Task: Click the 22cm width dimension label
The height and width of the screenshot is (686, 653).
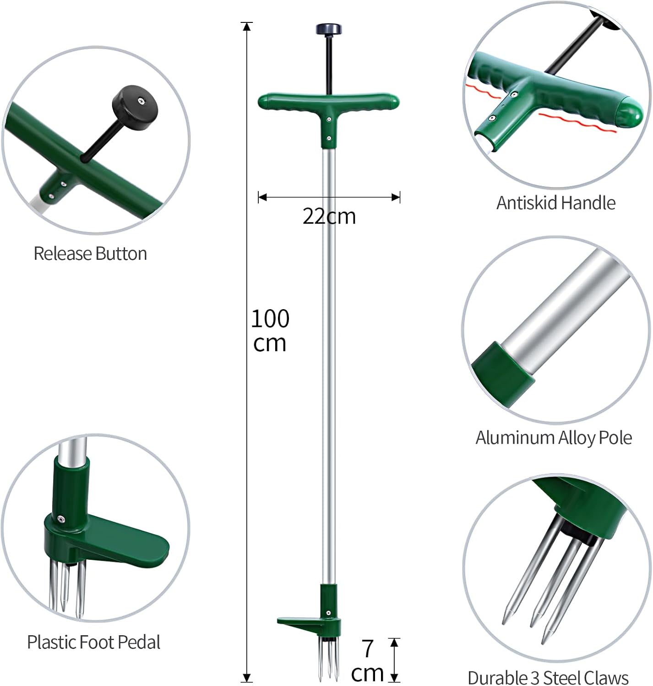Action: (x=329, y=216)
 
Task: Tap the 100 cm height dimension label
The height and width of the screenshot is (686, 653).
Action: (x=270, y=331)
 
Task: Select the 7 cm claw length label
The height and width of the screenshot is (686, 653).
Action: (x=367, y=661)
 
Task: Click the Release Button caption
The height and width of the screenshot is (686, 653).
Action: (x=90, y=254)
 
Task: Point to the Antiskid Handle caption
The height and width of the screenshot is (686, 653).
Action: (x=556, y=203)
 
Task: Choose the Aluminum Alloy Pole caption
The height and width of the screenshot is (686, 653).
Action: (x=554, y=438)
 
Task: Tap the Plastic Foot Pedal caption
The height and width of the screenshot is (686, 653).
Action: (x=93, y=643)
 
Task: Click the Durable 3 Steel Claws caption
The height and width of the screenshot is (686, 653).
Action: (x=548, y=677)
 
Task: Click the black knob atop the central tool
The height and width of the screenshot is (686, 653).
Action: (x=329, y=29)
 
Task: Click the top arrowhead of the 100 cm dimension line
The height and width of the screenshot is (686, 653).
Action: (x=247, y=27)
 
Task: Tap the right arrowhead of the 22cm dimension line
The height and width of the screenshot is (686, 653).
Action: (x=396, y=198)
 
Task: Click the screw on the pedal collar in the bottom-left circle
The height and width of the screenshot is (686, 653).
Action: (x=60, y=519)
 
